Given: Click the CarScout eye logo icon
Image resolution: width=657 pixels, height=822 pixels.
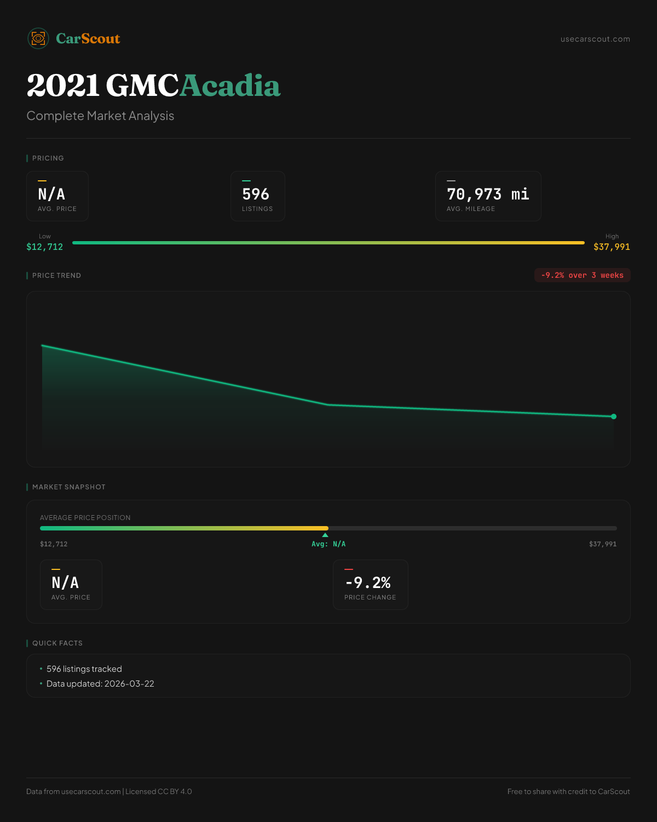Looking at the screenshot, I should click(x=38, y=38).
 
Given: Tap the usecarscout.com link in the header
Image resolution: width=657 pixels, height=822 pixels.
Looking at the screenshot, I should click(x=595, y=39).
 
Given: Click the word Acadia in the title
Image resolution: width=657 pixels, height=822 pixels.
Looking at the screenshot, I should click(x=230, y=86).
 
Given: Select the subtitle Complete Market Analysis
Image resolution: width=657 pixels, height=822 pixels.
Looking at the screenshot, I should click(x=100, y=116).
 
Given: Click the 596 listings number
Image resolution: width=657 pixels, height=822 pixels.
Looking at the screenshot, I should click(x=256, y=195).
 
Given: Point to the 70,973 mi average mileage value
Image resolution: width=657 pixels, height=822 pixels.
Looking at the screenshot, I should click(x=488, y=195).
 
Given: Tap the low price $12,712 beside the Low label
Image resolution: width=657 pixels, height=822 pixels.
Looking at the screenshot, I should click(x=45, y=247).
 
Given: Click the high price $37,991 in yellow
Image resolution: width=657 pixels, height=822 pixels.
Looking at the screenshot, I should click(x=612, y=247).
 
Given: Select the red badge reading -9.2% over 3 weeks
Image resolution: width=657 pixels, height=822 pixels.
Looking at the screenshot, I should click(x=582, y=275).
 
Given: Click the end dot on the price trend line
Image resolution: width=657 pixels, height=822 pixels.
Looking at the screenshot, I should click(x=614, y=416).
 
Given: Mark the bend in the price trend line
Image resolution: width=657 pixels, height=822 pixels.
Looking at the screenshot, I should click(x=328, y=405).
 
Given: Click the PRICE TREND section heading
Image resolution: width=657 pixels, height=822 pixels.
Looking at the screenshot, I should click(x=56, y=276).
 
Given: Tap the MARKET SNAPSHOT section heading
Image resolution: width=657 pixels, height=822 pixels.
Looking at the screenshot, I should click(x=68, y=487).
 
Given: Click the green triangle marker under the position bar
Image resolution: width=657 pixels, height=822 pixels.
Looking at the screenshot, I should click(x=325, y=535).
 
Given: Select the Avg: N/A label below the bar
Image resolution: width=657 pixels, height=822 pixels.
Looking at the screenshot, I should click(x=328, y=544).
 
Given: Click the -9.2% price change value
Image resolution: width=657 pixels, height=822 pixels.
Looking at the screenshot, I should click(x=368, y=583).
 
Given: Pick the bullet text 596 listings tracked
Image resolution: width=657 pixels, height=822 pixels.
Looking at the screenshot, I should click(x=84, y=669).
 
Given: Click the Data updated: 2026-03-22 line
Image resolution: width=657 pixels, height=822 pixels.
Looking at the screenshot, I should click(x=100, y=684).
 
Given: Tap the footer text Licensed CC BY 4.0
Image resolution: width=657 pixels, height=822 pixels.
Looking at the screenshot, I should click(x=159, y=791).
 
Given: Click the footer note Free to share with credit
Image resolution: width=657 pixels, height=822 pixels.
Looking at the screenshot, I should click(x=568, y=791).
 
